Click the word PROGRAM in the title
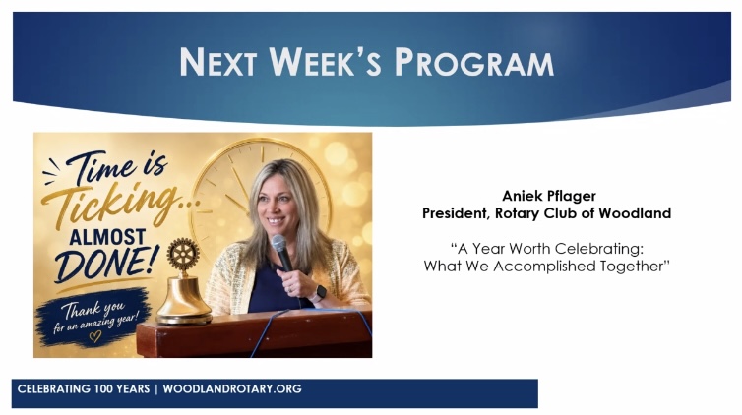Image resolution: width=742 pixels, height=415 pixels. tap(474, 62)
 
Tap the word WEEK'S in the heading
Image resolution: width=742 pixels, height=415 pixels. tap(325, 61)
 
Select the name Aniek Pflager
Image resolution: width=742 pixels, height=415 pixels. tap(549, 196)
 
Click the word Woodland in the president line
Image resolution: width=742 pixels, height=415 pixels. tap(635, 213)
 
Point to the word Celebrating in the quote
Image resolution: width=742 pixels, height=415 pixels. tap(598, 249)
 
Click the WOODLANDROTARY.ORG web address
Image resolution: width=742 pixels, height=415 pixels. tap(232, 389)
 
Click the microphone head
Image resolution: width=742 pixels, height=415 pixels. tap(278, 244)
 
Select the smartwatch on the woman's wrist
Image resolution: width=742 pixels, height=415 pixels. tap(320, 293)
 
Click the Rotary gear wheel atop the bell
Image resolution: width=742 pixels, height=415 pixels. tap(183, 255)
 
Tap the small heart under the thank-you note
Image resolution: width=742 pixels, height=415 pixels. tap(95, 336)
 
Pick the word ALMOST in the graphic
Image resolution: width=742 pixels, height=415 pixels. tap(107, 237)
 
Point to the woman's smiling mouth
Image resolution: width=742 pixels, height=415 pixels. tap(276, 220)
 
